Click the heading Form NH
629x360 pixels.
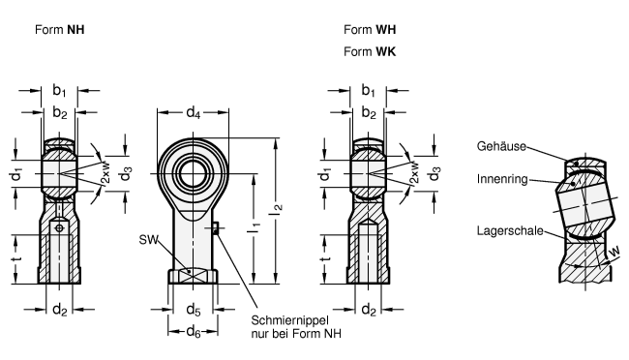coord(60,30)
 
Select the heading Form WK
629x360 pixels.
coord(370,51)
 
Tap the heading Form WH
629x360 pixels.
coord(370,30)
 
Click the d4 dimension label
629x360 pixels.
coord(193,113)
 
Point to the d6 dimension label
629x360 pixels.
coord(194,332)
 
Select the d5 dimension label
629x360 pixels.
coord(194,310)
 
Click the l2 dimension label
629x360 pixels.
coord(277,207)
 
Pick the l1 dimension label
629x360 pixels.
coord(255,228)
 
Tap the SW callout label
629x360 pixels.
coord(149,240)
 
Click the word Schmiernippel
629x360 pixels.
coord(289,320)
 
